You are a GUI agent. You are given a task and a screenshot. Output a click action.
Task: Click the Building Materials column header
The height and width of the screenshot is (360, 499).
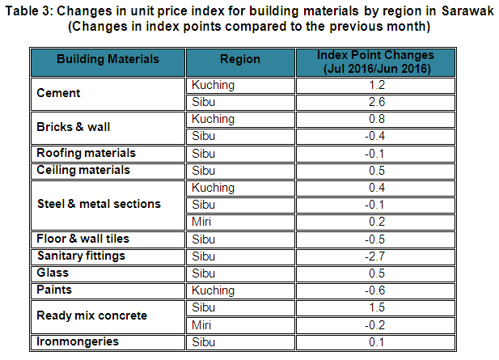point(108,59)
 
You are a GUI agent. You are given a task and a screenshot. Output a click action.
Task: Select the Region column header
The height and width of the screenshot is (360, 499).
point(240,59)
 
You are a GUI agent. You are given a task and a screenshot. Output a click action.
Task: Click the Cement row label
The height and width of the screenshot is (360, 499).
point(59,93)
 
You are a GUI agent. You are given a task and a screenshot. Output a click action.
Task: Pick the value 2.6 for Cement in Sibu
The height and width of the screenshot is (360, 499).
point(377,102)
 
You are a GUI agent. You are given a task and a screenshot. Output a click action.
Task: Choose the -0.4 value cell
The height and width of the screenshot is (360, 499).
point(377,136)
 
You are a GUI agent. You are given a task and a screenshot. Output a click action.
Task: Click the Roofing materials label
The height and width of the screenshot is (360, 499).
point(86,153)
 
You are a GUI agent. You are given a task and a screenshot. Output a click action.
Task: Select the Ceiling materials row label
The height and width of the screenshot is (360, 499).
point(83,170)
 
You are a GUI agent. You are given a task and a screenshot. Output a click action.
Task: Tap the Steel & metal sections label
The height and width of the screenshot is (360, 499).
point(99,204)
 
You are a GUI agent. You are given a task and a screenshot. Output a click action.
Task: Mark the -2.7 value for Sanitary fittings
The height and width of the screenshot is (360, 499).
point(377,256)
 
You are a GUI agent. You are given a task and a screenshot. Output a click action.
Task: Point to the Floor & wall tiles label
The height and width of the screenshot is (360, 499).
point(82,239)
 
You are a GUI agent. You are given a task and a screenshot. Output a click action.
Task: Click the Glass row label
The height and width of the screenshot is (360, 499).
point(53,273)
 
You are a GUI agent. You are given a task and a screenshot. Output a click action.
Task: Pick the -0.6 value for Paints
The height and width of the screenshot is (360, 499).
point(377,290)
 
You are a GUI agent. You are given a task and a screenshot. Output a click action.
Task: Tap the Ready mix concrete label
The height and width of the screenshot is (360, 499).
point(91,316)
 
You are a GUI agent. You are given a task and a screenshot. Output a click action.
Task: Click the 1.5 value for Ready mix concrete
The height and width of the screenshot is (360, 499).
point(377,307)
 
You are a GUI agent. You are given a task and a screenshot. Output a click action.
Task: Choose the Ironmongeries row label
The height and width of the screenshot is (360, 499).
point(78,341)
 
